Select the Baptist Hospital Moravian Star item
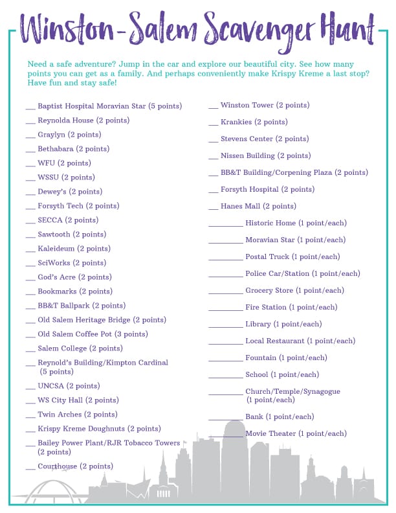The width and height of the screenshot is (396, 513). pyautogui.click(x=109, y=106)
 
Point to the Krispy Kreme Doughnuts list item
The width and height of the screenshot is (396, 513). pyautogui.click(x=99, y=429)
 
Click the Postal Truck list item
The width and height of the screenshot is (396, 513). pyautogui.click(x=292, y=256)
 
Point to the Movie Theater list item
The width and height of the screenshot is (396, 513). pyautogui.click(x=296, y=433)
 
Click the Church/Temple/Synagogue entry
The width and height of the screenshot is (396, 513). pyautogui.click(x=292, y=391)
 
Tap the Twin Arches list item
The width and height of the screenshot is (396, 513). pyautogui.click(x=78, y=415)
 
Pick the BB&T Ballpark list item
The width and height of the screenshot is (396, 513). pyautogui.click(x=82, y=306)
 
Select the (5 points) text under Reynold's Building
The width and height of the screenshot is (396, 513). pyautogui.click(x=57, y=372)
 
